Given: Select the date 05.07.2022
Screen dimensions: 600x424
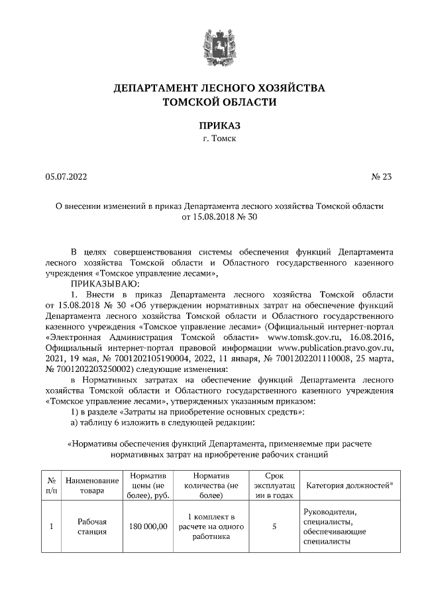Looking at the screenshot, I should [x=66, y=176].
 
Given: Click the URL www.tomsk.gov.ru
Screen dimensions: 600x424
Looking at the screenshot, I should [x=299, y=336].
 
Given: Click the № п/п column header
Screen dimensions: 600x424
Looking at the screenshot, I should [x=52, y=486].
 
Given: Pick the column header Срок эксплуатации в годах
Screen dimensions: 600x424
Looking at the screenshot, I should [x=274, y=486].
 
